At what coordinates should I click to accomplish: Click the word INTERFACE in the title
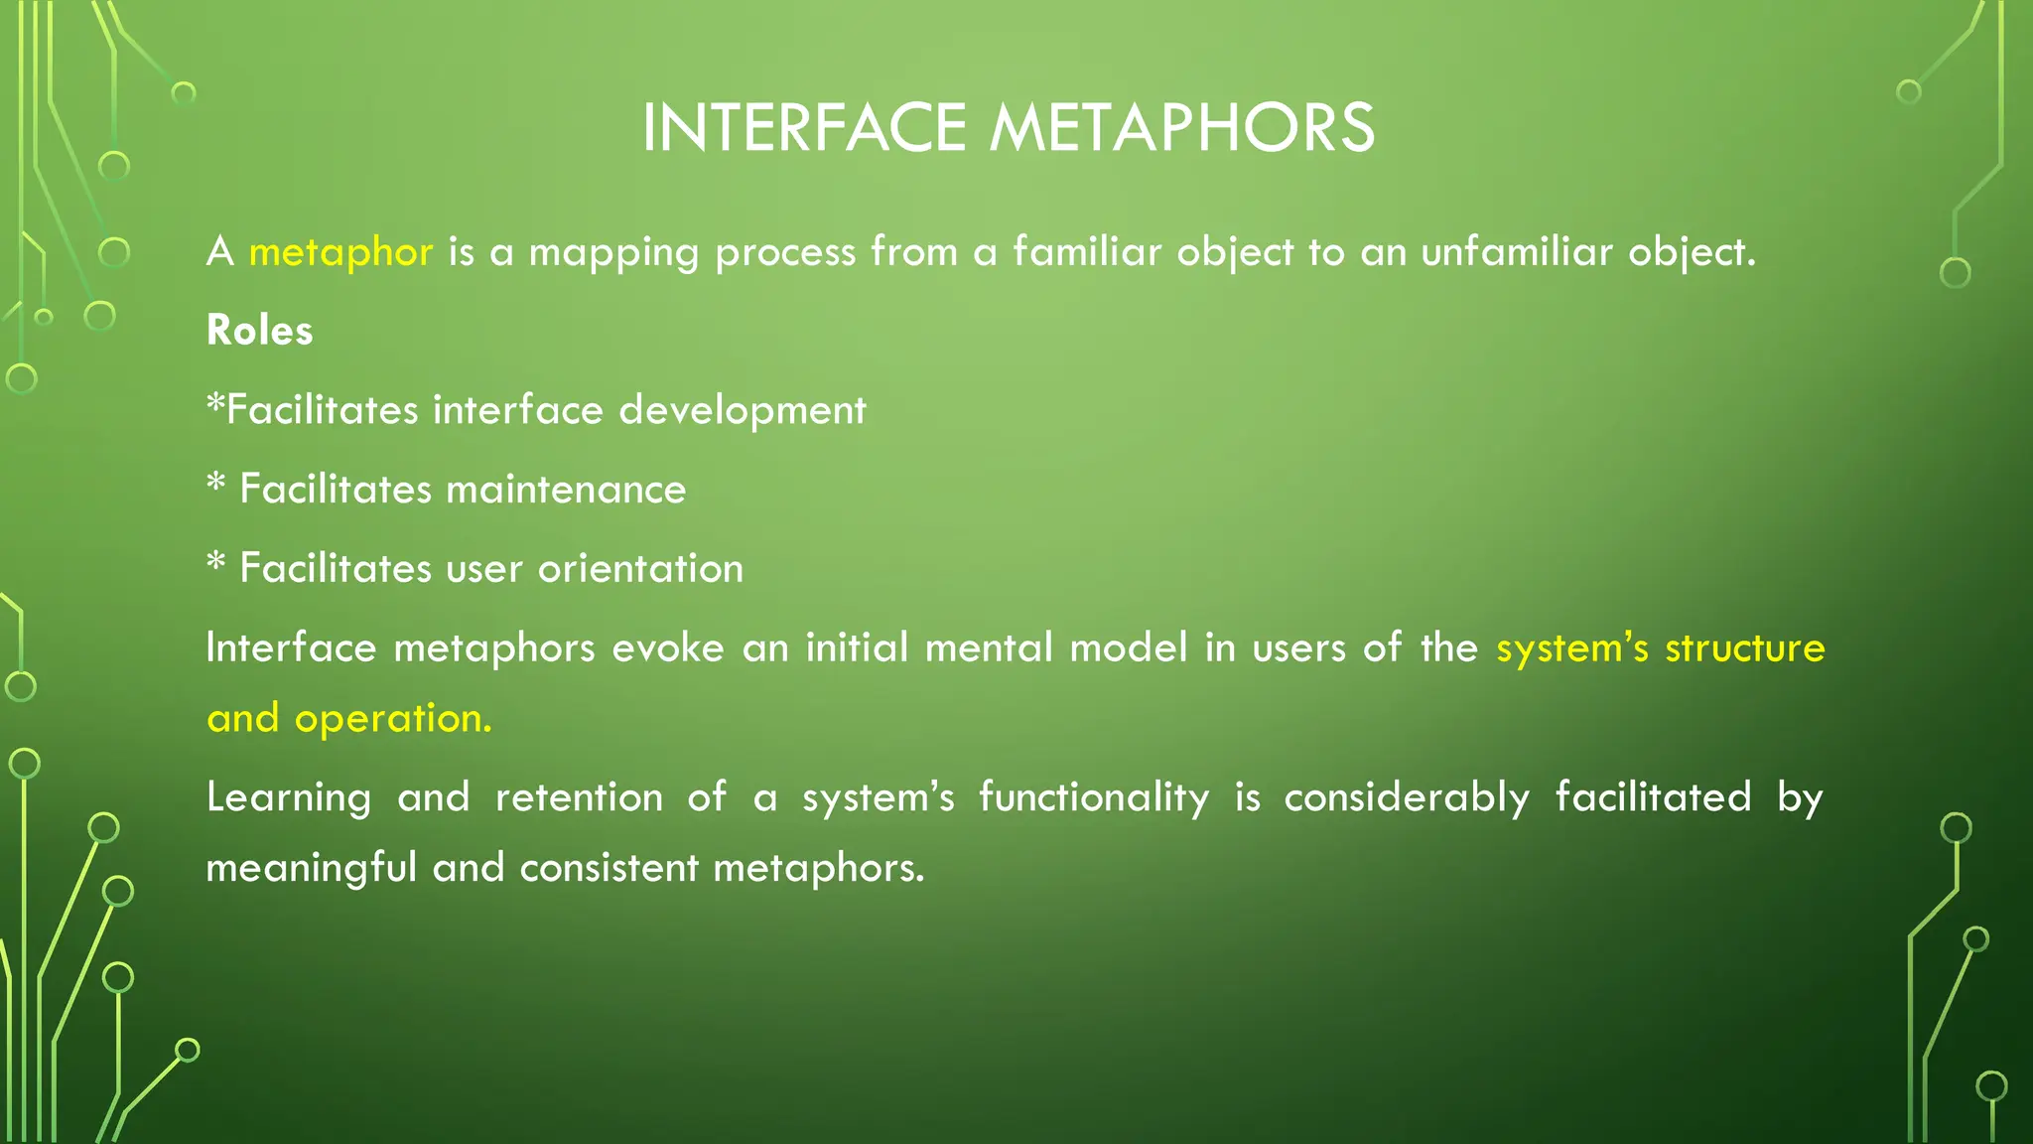[803, 128]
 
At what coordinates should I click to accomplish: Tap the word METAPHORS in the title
[1181, 128]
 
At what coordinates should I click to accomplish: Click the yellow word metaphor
[340, 252]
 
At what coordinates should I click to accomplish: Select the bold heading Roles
[259, 331]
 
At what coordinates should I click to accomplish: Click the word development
[743, 410]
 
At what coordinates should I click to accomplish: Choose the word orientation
[640, 569]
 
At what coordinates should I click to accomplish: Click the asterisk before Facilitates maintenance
[216, 486]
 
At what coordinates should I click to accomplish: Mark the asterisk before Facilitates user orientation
[216, 565]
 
